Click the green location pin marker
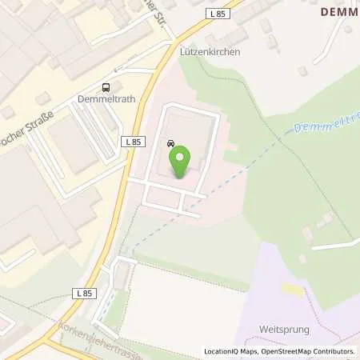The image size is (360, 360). (180, 160)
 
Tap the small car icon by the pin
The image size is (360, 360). (171, 144)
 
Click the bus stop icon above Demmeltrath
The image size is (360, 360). (105, 89)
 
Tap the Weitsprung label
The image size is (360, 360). (283, 329)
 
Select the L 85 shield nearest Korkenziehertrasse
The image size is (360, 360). (86, 294)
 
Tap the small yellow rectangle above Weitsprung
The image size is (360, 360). (292, 289)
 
